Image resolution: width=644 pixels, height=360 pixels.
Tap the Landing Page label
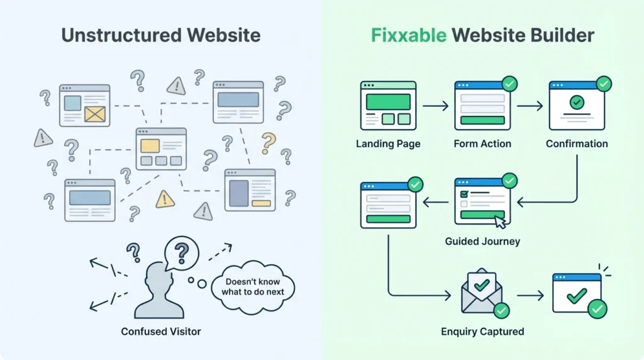tap(388, 143)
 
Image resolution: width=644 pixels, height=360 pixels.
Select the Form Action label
tap(482, 143)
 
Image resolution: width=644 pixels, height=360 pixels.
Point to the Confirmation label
tap(577, 143)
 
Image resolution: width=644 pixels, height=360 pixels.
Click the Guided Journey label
tap(482, 241)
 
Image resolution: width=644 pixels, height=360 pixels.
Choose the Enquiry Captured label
tap(482, 331)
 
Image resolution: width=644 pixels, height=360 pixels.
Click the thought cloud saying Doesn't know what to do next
tap(253, 287)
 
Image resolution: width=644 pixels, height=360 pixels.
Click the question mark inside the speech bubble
tap(182, 253)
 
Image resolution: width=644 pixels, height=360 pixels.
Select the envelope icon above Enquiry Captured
tap(481, 292)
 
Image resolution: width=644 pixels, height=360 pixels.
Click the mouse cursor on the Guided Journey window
tap(499, 221)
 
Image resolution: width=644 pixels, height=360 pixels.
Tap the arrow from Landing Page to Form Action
tap(435, 106)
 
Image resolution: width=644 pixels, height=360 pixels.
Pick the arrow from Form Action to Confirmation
tap(529, 106)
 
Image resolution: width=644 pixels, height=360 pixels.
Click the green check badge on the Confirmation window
tap(603, 84)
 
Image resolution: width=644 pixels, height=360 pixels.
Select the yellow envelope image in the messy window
tap(95, 113)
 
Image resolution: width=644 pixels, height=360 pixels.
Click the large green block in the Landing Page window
tap(388, 101)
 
